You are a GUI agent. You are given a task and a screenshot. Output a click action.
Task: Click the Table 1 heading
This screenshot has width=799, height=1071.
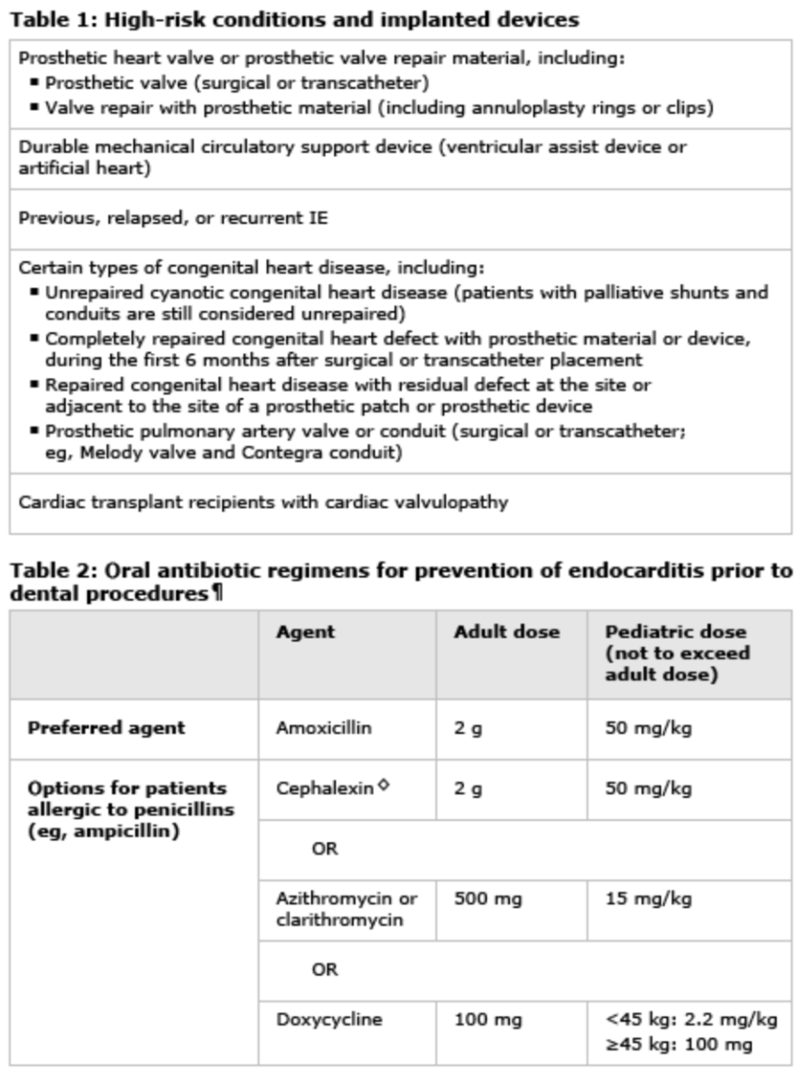tap(294, 19)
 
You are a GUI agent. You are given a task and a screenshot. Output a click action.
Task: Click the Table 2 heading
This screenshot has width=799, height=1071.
tap(400, 581)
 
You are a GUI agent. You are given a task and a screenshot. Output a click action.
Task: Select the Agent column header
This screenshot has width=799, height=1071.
tap(306, 632)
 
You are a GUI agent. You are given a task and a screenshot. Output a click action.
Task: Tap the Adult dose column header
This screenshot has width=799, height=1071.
tap(506, 632)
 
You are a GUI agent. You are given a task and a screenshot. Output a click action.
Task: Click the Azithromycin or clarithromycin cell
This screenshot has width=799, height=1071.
tap(346, 908)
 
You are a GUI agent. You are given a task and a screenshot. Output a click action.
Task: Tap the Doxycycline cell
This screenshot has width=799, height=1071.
tap(329, 1020)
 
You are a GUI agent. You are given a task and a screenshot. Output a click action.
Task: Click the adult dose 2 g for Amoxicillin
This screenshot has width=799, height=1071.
tap(468, 728)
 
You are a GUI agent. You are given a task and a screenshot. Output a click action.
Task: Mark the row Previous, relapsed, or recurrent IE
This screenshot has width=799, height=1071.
tap(173, 218)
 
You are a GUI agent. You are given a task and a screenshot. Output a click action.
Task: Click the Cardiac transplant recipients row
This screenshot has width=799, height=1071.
tap(263, 503)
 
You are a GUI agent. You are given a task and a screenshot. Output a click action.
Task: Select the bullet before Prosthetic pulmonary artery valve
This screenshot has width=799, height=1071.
tap(34, 430)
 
